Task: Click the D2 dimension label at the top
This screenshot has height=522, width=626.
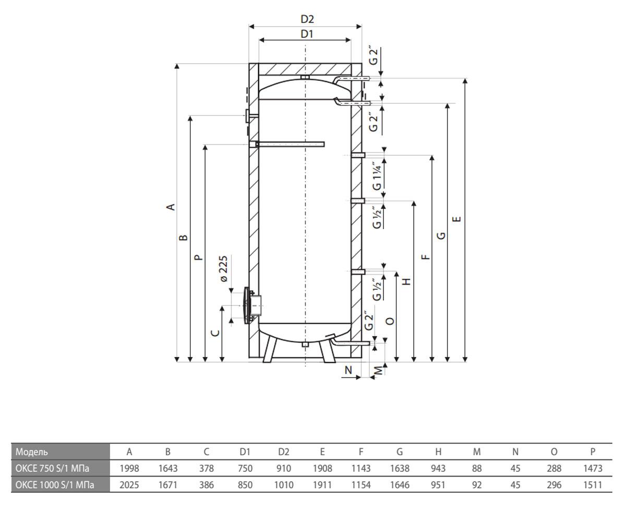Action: coord(307,19)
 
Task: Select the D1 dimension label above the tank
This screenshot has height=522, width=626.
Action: coord(307,34)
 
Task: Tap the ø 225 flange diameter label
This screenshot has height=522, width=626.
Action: coord(224,269)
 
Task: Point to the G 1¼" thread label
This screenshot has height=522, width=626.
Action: coord(377,176)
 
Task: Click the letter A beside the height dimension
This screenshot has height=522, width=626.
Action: coord(171,207)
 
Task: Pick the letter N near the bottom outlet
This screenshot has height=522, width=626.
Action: coord(348,370)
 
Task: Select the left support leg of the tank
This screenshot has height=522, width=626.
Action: coord(270,349)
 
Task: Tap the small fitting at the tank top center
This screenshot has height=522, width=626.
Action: coord(305,77)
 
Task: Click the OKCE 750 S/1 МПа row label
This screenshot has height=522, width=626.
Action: coord(52,468)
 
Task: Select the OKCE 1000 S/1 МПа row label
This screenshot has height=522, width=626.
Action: coord(55,485)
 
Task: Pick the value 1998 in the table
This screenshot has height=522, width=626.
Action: coord(129,468)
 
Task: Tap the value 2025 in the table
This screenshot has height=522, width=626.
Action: coord(129,485)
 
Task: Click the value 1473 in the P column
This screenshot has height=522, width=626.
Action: coord(593,468)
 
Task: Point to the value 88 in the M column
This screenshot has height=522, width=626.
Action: coord(477,468)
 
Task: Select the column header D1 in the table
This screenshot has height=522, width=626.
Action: coord(245,452)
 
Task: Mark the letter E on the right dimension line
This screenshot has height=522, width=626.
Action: coord(456,219)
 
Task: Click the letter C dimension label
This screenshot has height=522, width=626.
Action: coord(215,333)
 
